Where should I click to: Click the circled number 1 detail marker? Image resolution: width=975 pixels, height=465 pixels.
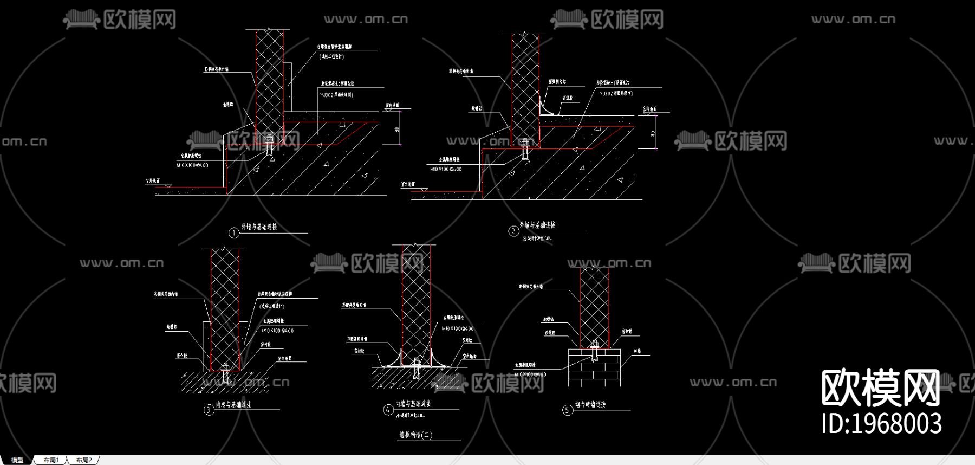(233, 233)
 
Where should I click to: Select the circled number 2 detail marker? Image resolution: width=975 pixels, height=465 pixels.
(513, 231)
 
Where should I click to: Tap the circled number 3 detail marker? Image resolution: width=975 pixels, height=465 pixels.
(209, 410)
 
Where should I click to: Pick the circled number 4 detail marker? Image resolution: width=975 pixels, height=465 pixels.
(388, 410)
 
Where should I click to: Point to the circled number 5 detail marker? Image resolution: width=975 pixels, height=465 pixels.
(567, 410)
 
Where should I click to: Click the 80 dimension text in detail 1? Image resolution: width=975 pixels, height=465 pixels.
(396, 130)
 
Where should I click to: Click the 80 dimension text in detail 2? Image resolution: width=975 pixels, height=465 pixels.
(652, 133)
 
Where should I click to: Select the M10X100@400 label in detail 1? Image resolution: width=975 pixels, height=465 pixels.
(192, 165)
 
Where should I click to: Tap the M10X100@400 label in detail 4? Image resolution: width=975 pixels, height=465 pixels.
(458, 328)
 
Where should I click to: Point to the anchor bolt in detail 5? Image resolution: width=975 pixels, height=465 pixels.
(594, 351)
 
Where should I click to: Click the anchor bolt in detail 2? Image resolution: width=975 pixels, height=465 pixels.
(524, 148)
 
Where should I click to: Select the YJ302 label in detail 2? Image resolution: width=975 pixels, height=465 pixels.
(616, 93)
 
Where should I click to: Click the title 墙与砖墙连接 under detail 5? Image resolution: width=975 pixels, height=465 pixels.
(590, 404)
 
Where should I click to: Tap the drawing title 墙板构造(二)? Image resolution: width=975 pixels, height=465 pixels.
(416, 435)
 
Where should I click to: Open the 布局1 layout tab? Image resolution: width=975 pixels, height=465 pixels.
(51, 460)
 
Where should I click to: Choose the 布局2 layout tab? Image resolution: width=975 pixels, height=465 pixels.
(84, 460)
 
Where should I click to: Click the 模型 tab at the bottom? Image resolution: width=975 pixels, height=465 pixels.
(17, 460)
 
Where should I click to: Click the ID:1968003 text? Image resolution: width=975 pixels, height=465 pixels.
(881, 423)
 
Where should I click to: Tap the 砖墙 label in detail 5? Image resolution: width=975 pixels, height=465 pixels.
(638, 351)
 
